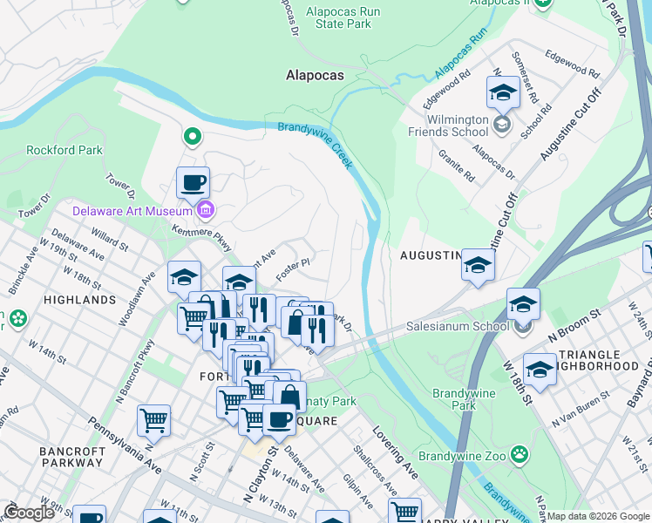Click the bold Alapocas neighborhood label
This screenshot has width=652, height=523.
[x=315, y=76]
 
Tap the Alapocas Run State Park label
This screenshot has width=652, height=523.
[x=343, y=17]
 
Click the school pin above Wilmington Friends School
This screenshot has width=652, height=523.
[x=503, y=92]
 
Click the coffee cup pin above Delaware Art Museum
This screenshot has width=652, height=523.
[x=193, y=183]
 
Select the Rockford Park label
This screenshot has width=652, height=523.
[x=65, y=150]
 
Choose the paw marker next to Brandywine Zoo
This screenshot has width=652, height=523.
[x=520, y=453]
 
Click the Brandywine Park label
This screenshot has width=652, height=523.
[x=464, y=399]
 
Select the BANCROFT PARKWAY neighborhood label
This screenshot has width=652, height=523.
[x=72, y=458]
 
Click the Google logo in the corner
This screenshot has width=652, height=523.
[x=29, y=512]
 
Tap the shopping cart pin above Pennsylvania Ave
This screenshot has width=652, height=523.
[x=153, y=420]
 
